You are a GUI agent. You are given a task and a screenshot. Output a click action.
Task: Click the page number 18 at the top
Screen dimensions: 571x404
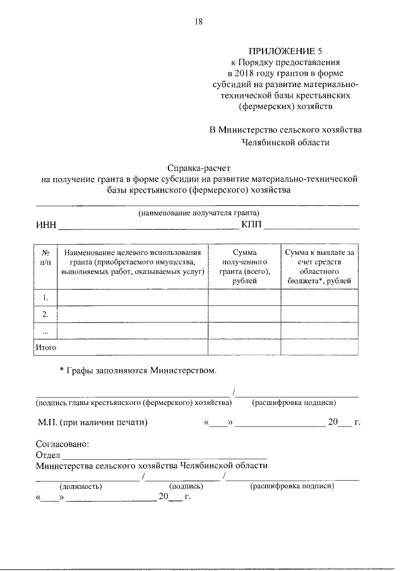tap(199, 22)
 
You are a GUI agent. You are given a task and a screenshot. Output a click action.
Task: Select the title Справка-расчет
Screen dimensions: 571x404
tap(199, 168)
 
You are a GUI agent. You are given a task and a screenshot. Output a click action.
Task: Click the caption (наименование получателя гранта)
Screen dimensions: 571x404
tap(199, 213)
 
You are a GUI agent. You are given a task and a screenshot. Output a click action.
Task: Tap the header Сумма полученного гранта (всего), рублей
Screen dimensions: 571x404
tap(244, 266)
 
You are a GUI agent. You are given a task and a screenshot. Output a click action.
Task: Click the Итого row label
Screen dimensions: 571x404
tap(46, 347)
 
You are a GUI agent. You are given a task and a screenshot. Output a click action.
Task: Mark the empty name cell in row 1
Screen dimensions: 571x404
tap(133, 297)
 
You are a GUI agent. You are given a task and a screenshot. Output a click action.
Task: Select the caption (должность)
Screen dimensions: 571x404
tap(81, 486)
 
